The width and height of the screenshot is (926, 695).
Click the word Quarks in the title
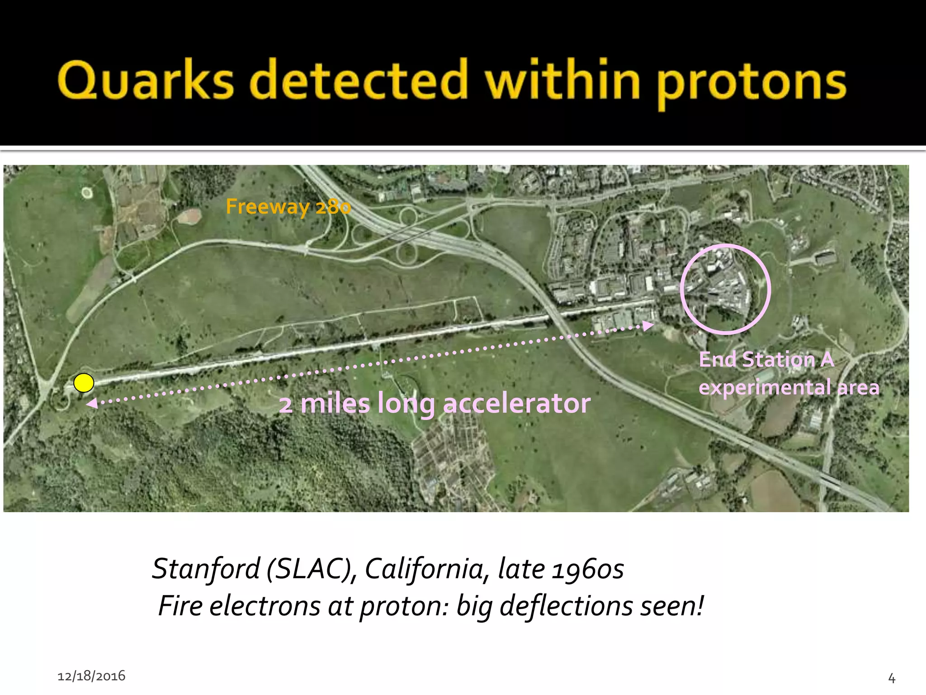(146, 81)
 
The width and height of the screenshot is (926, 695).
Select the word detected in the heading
(358, 81)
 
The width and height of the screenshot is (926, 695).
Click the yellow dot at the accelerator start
(84, 383)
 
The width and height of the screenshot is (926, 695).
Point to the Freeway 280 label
(288, 207)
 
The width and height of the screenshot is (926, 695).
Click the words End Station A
(766, 360)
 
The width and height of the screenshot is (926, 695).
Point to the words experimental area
(789, 387)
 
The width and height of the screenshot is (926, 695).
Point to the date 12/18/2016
(91, 676)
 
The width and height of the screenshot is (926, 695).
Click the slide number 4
(892, 678)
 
